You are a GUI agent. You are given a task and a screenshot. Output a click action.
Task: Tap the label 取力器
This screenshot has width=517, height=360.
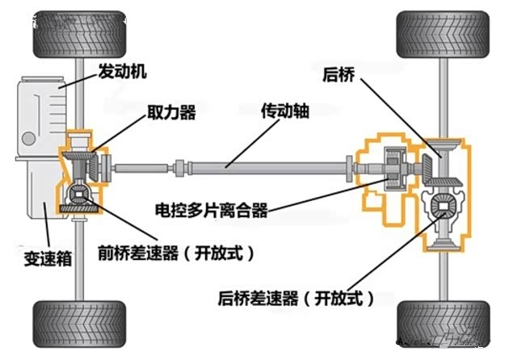tap(172, 112)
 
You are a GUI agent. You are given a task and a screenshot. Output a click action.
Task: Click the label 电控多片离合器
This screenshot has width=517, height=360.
tap(212, 212)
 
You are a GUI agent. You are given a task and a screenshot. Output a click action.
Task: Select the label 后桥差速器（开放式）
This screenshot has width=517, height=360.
tap(296, 299)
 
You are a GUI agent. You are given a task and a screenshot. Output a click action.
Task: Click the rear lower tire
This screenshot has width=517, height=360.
tap(443, 324)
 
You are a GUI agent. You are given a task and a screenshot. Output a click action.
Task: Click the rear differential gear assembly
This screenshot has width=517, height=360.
tap(443, 209)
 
